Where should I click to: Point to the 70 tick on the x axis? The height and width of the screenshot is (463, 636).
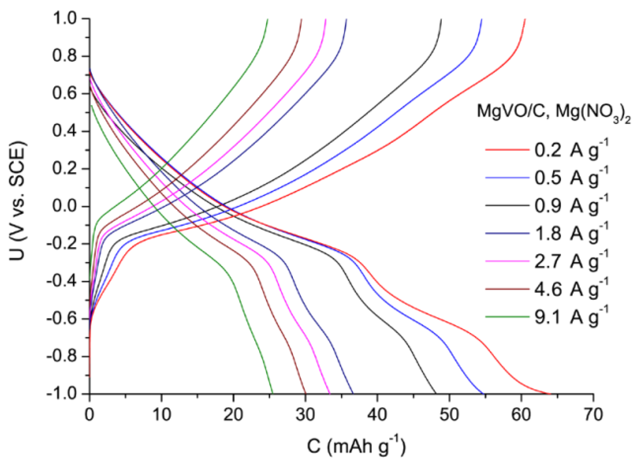593,415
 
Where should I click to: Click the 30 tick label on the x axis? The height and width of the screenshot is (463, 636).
305,415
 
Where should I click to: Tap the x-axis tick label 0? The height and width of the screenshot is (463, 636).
89,415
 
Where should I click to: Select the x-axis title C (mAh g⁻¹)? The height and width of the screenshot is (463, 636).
356,447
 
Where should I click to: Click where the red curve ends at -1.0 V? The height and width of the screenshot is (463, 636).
550,393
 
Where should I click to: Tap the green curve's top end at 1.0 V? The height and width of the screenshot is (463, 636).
267,19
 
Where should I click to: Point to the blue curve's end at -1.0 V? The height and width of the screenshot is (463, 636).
483,393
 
